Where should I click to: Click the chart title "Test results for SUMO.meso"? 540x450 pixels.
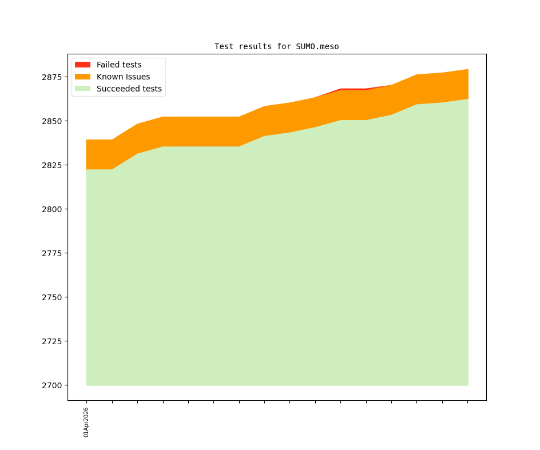pos(276,46)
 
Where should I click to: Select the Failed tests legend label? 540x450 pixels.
pos(119,65)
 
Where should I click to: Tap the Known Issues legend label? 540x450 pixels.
pos(123,77)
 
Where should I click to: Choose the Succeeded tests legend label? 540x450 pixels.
pos(129,89)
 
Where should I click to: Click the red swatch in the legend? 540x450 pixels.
pos(82,65)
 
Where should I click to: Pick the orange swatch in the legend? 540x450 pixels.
pos(82,77)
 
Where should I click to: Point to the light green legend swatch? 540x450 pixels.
pos(82,89)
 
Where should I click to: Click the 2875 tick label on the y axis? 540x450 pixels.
pos(54,77)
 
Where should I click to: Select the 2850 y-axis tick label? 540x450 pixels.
pos(54,121)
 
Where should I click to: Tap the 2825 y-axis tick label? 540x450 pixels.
pos(54,165)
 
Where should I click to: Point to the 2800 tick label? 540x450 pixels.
pos(54,209)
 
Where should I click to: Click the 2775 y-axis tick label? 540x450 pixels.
pos(54,253)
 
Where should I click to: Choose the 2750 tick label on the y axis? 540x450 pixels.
pos(54,297)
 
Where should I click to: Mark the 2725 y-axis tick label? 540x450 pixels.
pos(54,341)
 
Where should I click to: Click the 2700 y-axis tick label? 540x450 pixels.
pos(54,385)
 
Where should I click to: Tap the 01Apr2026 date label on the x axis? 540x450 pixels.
pos(86,422)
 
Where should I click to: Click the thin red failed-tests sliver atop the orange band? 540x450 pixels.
pos(354,89)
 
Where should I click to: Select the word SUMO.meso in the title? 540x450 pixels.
pos(317,46)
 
